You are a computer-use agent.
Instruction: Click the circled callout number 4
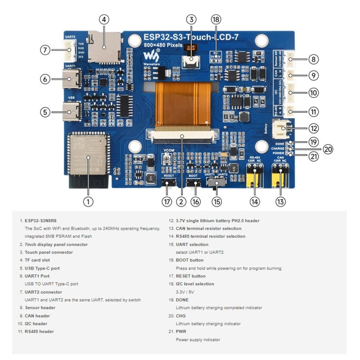[104, 20]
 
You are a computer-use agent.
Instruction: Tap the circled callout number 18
[216, 20]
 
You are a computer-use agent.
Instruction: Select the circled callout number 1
[87, 202]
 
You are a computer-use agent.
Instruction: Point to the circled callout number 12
[313, 128]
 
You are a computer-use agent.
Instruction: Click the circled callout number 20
[328, 149]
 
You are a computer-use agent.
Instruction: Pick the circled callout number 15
[217, 202]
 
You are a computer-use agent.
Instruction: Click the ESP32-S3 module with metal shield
[88, 154]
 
